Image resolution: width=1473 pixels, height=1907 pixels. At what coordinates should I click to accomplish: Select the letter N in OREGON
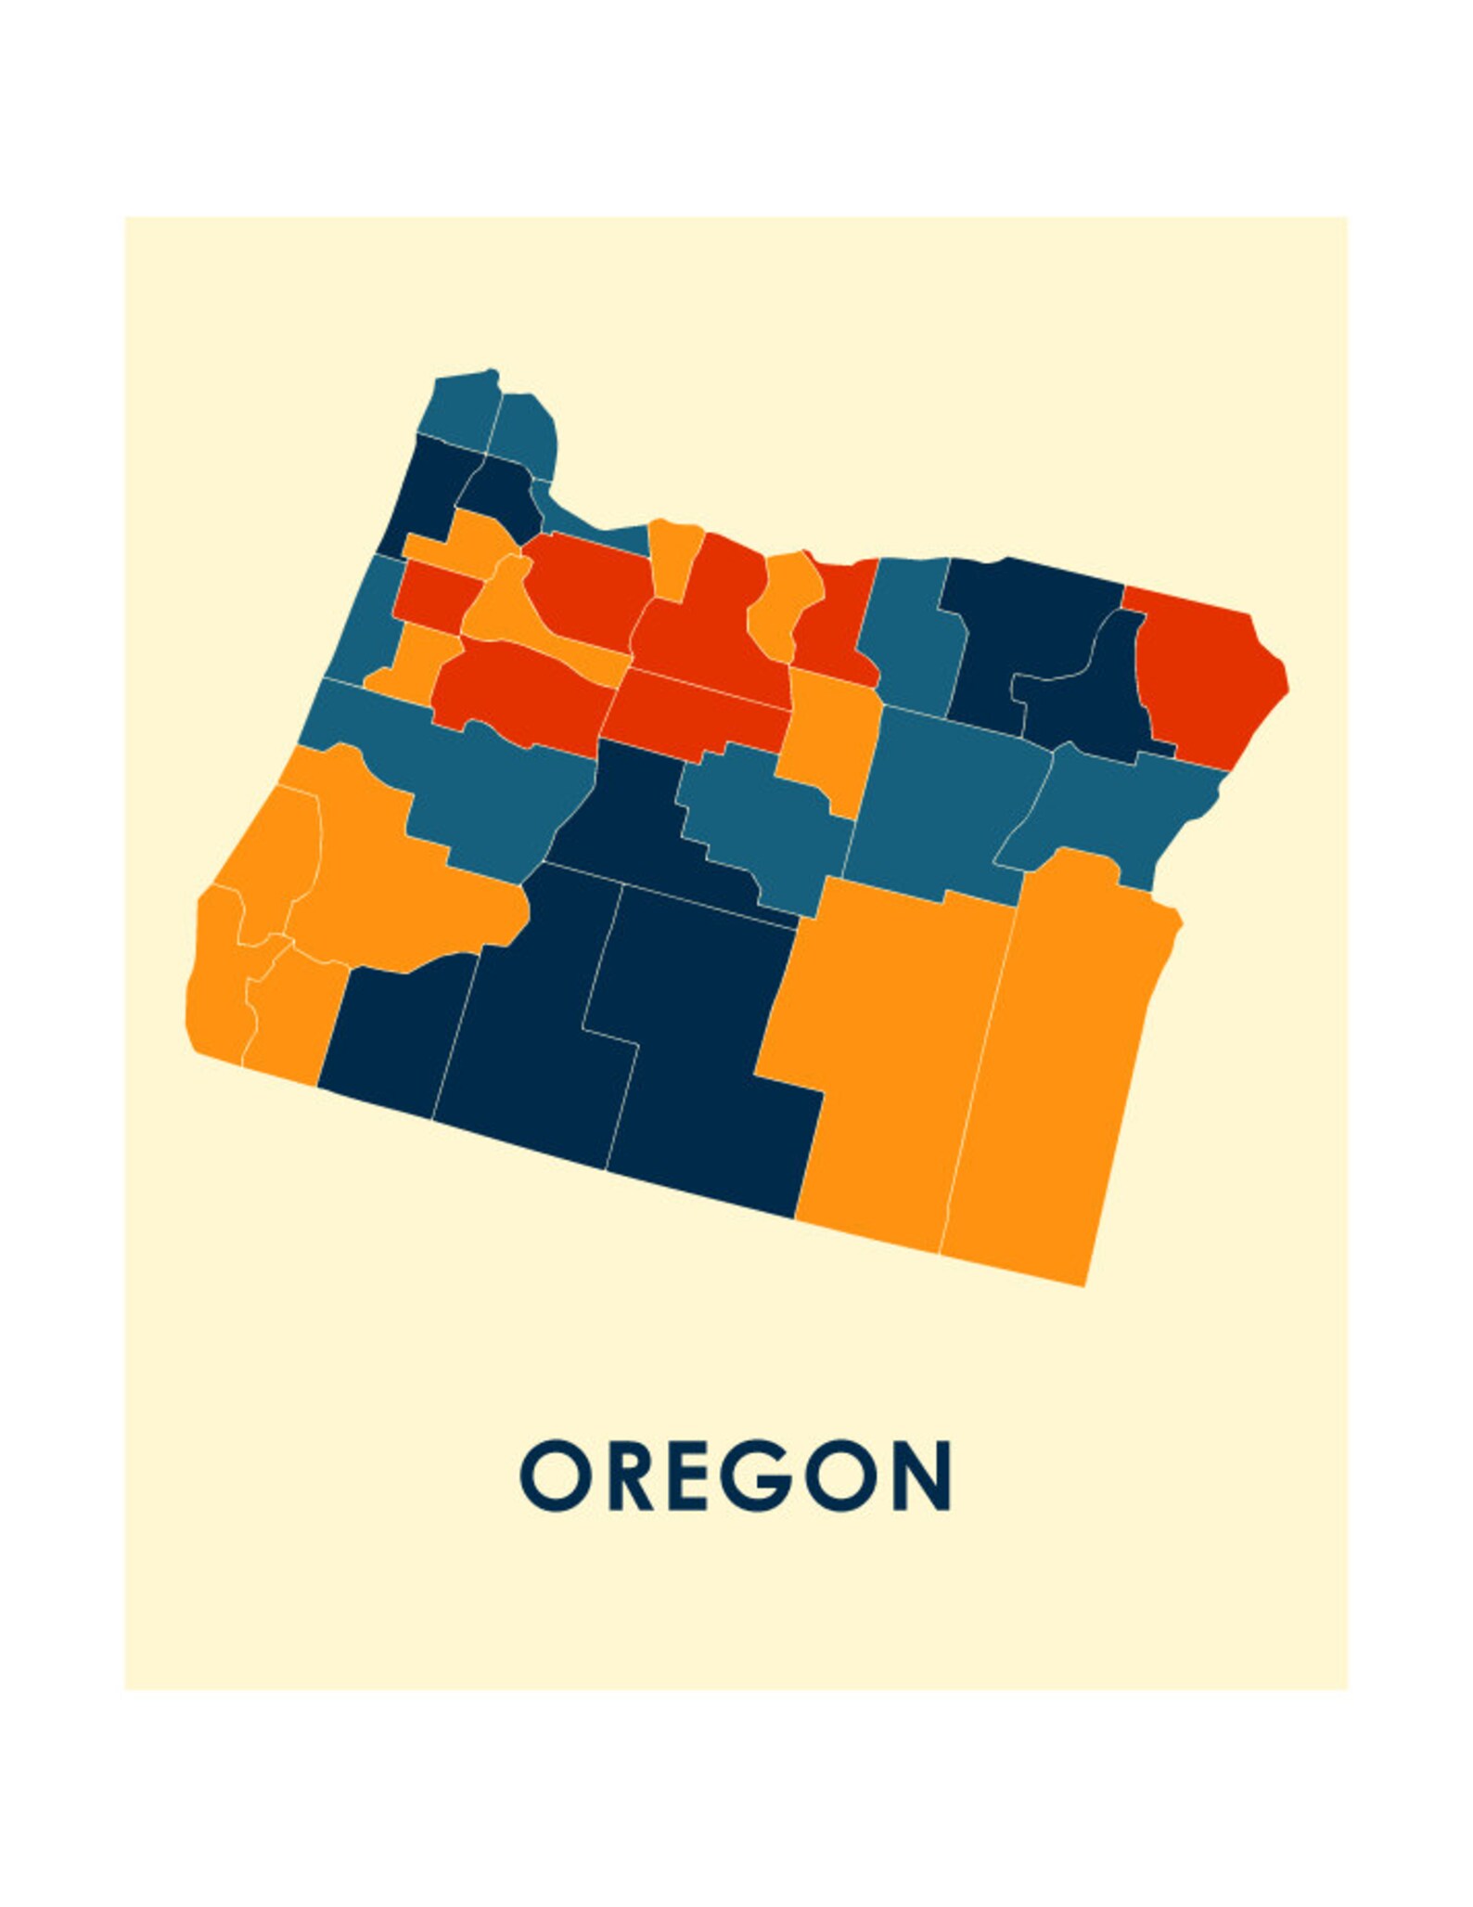coord(919,1475)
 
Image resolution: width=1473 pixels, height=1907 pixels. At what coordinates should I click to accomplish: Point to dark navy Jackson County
coord(399,1030)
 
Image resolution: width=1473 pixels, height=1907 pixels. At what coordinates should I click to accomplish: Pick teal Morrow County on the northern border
coord(909,631)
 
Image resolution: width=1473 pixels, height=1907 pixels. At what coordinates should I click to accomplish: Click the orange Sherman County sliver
coord(784,603)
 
